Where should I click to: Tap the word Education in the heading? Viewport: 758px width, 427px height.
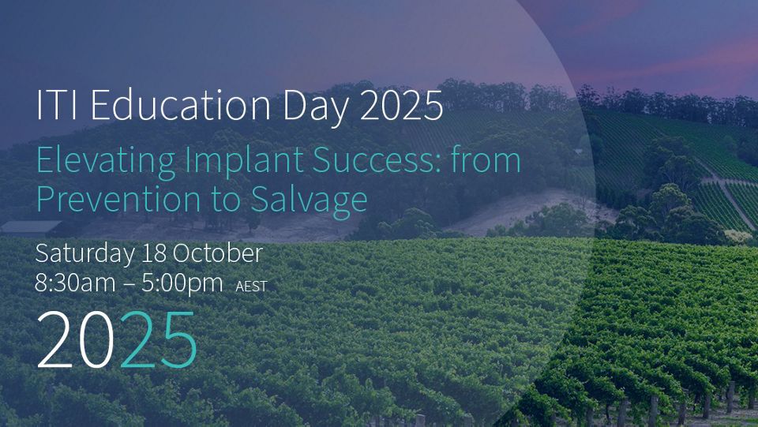[180, 104]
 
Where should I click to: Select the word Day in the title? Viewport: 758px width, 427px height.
[314, 107]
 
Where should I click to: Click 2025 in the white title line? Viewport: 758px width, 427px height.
[401, 105]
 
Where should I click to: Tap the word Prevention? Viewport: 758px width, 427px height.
[118, 199]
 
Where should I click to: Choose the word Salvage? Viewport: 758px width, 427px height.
[310, 200]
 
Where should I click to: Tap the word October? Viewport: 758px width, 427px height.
[218, 253]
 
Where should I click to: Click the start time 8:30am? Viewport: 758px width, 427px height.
[76, 283]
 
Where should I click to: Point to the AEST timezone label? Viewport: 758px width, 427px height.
[251, 287]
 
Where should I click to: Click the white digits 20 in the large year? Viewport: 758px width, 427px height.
[76, 339]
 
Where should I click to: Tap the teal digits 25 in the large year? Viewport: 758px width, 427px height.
[159, 339]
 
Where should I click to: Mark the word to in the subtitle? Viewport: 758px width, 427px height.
[226, 200]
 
